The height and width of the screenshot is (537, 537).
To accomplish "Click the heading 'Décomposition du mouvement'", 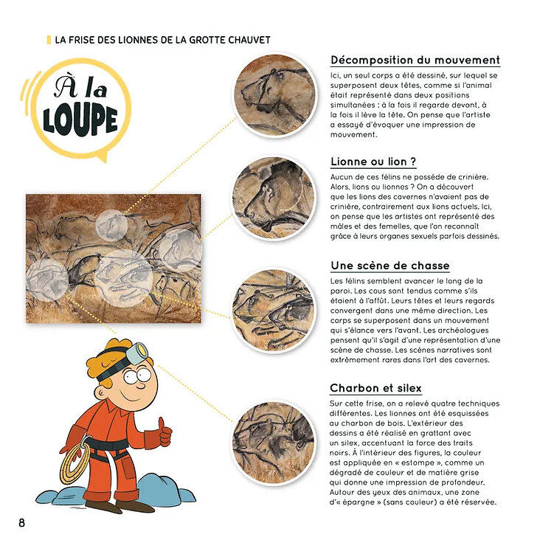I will point(415,60).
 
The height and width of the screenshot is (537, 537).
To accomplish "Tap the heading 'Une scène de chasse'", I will point(389,266).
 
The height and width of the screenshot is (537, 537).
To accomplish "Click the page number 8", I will point(22,523).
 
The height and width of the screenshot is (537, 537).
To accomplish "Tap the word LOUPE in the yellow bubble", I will point(80,120).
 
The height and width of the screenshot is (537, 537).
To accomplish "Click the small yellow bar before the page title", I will point(49,39).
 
